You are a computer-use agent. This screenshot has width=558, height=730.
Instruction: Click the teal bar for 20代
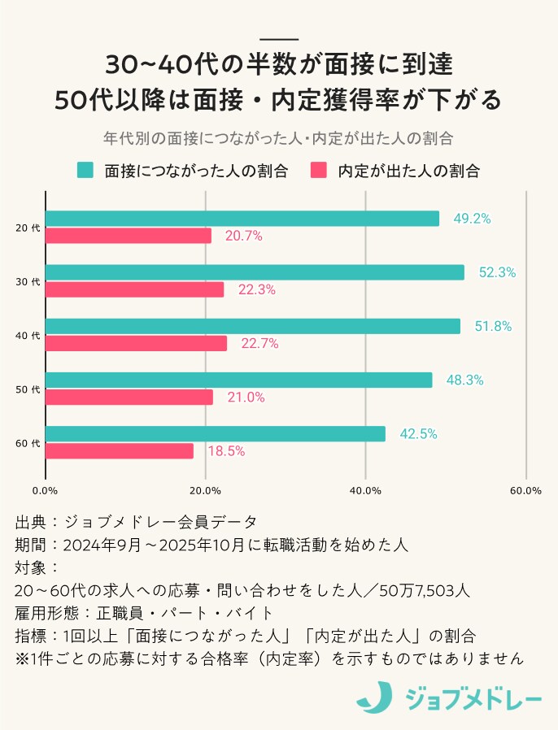pos(242,219)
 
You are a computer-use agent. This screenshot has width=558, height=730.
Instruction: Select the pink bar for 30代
pos(134,289)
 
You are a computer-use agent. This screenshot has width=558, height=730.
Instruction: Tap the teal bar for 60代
pos(216,434)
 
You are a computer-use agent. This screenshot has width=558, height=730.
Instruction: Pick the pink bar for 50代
pos(129,397)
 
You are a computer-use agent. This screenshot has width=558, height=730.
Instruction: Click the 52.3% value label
pos(497,273)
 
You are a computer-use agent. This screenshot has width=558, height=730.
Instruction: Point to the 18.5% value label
pos(226,451)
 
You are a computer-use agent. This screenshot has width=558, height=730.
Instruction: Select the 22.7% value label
pos(259,344)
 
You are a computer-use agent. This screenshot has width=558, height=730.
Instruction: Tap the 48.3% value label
pos(464,380)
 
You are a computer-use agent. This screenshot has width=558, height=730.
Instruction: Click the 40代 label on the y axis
pos(28,335)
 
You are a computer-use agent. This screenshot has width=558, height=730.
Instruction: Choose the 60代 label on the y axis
pos(28,443)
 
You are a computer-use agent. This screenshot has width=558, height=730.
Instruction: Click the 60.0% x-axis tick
pos(525,490)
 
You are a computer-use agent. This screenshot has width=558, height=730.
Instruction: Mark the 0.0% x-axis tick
pos(45,490)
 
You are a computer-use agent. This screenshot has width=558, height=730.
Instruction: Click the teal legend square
pos(85,170)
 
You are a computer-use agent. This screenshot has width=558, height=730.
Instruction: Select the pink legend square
pos(319,170)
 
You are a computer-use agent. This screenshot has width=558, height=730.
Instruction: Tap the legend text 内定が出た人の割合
pos(408,171)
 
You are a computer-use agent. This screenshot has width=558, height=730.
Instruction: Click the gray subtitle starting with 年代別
pos(278,137)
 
